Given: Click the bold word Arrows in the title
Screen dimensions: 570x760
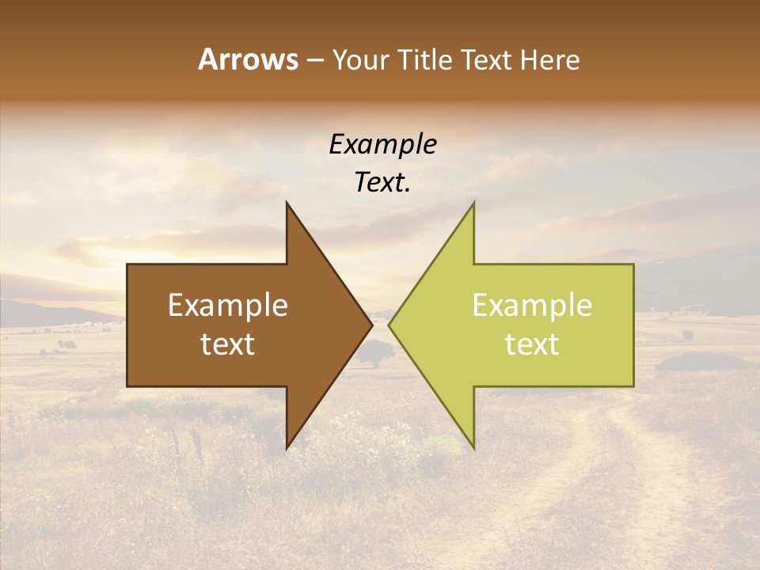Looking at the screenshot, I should pos(248,59).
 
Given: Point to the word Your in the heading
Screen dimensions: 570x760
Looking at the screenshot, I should pos(360,60).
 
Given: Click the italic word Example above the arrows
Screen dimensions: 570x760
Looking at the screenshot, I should pos(382,144).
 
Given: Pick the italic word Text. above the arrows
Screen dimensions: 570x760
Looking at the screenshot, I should pos(382,183).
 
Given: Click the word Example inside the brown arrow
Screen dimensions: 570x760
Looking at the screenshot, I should pos(228,306).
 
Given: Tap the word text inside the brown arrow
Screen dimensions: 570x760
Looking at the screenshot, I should pos(228,344).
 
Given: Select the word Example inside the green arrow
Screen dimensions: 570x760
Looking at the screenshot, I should pos(532,306).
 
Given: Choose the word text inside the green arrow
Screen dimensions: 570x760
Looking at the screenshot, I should pos(532,344).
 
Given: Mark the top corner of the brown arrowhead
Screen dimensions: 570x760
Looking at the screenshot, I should pos(287,203).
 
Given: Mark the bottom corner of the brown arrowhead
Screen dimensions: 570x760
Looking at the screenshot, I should pos(287,447).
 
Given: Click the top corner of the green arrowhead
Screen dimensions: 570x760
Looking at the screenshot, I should pos(473,203).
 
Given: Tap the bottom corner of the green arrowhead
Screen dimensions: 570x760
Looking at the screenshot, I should pos(473,447).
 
